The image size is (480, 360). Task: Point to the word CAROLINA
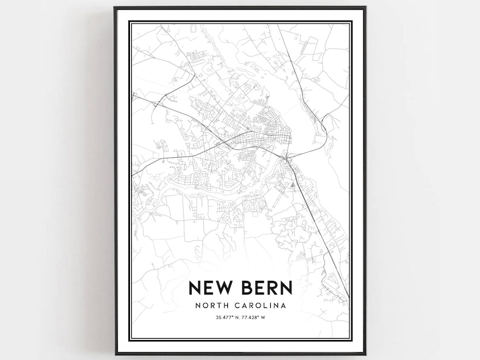pyautogui.click(x=261, y=305)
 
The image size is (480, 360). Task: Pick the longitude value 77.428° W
pyautogui.click(x=256, y=318)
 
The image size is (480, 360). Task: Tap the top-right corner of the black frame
pyautogui.click(x=365, y=8)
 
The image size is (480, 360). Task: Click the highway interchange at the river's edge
pyautogui.click(x=288, y=160)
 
